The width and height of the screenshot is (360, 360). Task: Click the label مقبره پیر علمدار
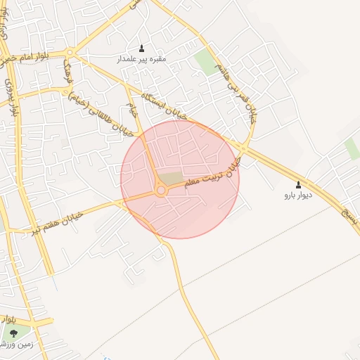(x=141, y=59)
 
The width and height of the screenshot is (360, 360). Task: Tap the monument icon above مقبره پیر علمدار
(x=141, y=49)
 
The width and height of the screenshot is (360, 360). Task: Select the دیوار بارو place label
(x=297, y=195)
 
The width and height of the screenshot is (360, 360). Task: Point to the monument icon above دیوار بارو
(x=297, y=184)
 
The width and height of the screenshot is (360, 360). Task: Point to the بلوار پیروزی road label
(x=11, y=96)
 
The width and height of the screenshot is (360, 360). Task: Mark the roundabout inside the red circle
(x=161, y=190)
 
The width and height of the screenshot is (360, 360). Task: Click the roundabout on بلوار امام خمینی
(x=71, y=52)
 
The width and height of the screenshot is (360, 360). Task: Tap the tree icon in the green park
(x=13, y=333)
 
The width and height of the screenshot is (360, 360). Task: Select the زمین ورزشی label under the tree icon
(x=10, y=344)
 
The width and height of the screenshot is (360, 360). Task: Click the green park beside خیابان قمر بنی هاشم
(x=207, y=62)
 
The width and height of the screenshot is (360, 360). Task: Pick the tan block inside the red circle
(x=169, y=179)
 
